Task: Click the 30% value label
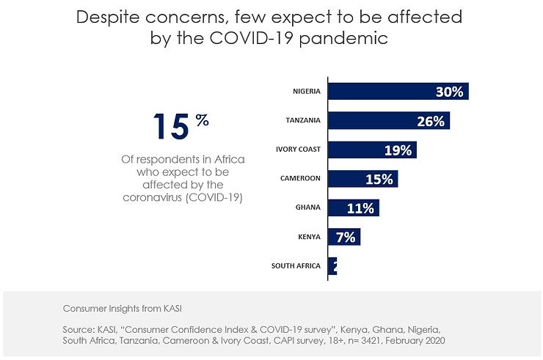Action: [449, 92]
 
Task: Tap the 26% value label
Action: [431, 122]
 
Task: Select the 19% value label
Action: [398, 151]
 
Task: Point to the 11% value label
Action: [361, 209]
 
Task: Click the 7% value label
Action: [346, 238]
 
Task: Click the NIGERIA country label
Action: [306, 92]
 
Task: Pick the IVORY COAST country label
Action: [298, 150]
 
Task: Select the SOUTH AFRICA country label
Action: [296, 266]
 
